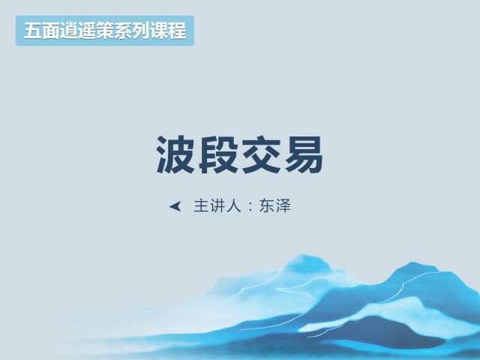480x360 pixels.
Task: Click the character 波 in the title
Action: click(175, 154)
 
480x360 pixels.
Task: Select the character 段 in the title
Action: click(218, 154)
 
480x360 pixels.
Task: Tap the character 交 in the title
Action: click(261, 154)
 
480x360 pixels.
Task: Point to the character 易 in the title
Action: click(304, 154)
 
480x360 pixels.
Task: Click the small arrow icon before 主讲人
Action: click(175, 206)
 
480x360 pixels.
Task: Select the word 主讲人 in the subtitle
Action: click(217, 205)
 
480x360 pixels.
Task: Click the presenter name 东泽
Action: click(275, 205)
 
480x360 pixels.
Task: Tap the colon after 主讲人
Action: click(250, 207)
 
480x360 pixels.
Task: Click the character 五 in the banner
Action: click(33, 31)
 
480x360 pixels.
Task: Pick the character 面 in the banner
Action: click(51, 31)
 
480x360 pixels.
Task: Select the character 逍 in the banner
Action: click(69, 31)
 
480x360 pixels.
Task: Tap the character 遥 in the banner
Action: click(87, 31)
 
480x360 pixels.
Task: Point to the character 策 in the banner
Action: click(105, 31)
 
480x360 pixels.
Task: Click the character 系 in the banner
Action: click(123, 31)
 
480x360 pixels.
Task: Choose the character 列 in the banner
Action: click(141, 31)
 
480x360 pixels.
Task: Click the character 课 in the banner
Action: click(159, 31)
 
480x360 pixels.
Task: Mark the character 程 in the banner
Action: click(177, 31)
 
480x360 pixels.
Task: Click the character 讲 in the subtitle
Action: click(217, 205)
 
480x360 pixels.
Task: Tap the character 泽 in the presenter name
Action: click(283, 205)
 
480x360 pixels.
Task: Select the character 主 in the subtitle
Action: click(202, 205)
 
